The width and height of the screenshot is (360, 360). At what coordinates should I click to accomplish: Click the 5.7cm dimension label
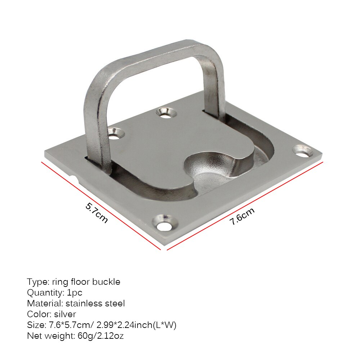click(96, 212)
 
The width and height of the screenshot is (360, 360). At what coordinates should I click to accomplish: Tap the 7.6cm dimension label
click(242, 216)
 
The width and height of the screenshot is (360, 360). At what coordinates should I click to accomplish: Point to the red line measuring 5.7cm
click(101, 205)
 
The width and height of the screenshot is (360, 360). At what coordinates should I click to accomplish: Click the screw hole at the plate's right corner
click(302, 150)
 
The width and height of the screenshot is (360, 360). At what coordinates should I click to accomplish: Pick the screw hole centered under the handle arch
click(166, 113)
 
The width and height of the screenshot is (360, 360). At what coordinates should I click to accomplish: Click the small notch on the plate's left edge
click(73, 178)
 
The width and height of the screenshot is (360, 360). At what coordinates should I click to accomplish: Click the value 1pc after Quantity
click(75, 293)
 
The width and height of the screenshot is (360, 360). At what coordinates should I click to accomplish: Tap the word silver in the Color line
click(65, 314)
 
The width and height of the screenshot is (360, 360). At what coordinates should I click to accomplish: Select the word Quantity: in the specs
click(46, 293)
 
